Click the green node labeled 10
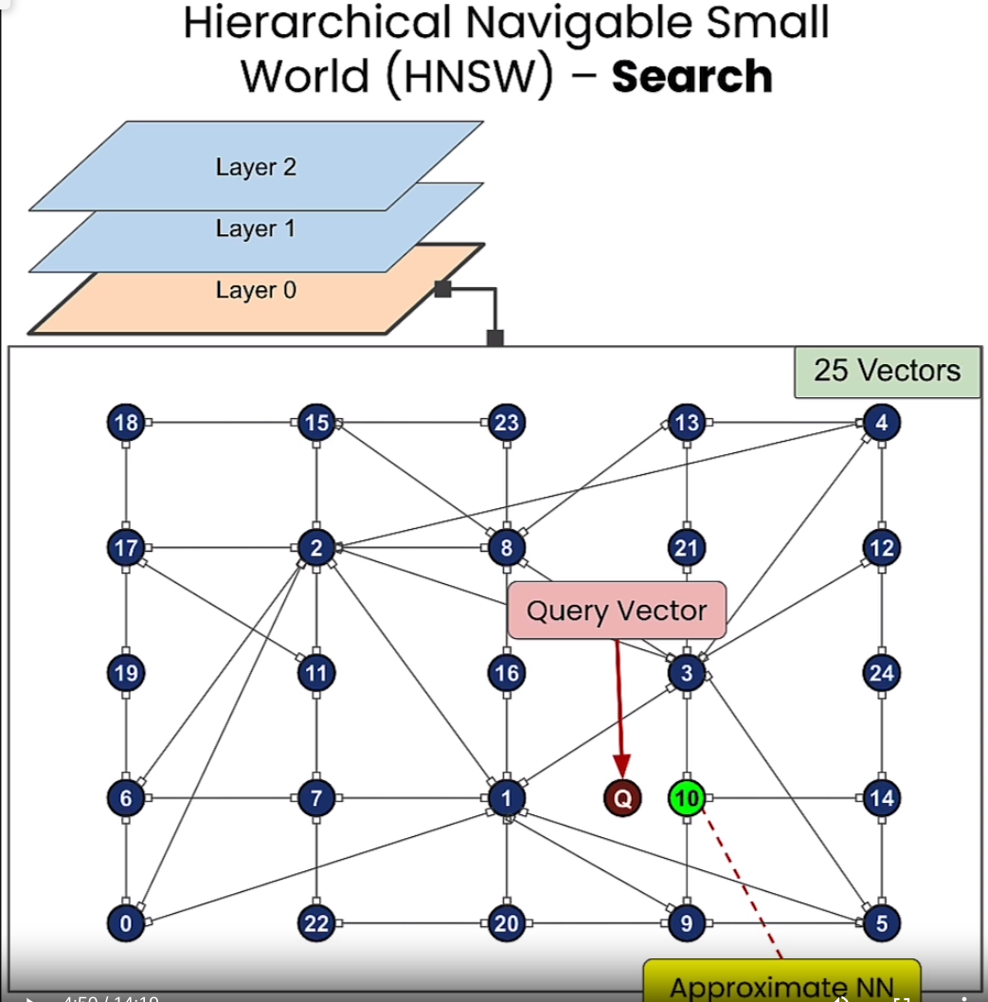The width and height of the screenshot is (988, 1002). (686, 798)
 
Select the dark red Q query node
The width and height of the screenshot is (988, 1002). (622, 798)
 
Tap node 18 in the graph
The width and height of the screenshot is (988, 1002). (125, 422)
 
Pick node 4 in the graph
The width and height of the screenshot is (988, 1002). (882, 422)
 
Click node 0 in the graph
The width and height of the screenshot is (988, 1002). (125, 922)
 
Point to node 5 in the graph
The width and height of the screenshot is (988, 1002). (882, 922)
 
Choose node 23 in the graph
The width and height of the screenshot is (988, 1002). (507, 422)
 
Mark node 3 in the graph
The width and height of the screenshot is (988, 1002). (686, 673)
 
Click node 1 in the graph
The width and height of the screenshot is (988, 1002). (507, 798)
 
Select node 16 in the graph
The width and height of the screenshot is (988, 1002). (507, 673)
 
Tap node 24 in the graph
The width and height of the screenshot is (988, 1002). (882, 673)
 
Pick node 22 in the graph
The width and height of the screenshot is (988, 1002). (316, 922)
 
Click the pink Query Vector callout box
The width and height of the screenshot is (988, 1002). (617, 610)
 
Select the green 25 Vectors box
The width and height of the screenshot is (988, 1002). (887, 371)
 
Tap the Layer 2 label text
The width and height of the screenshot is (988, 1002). (256, 168)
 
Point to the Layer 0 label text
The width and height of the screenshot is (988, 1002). (256, 290)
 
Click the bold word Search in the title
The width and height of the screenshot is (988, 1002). (692, 77)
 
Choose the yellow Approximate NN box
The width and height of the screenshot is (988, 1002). (782, 984)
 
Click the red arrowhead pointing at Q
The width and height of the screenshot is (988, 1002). (621, 766)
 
